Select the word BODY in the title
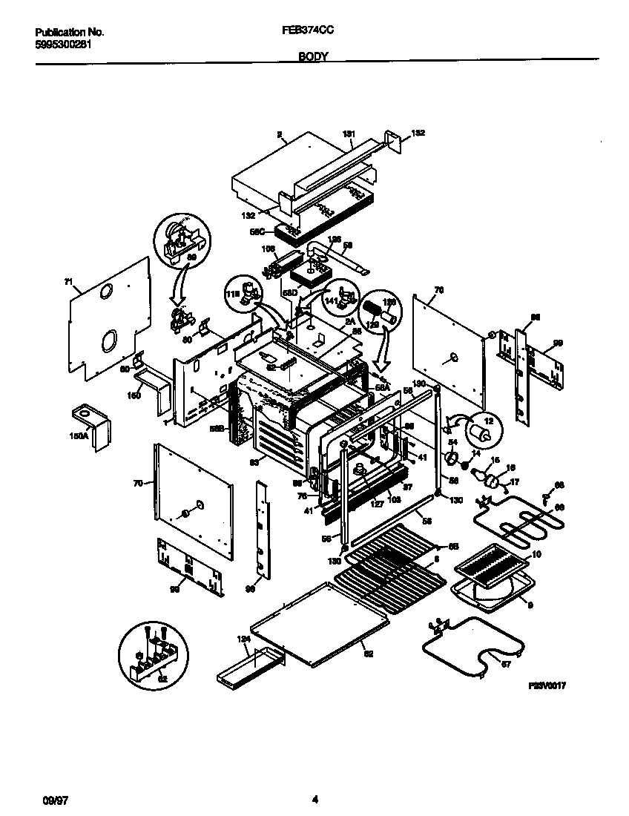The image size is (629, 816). [314, 56]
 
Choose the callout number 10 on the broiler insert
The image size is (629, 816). [536, 556]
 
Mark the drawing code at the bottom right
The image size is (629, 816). [547, 687]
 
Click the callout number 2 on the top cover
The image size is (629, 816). [280, 134]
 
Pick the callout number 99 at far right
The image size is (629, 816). [558, 343]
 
